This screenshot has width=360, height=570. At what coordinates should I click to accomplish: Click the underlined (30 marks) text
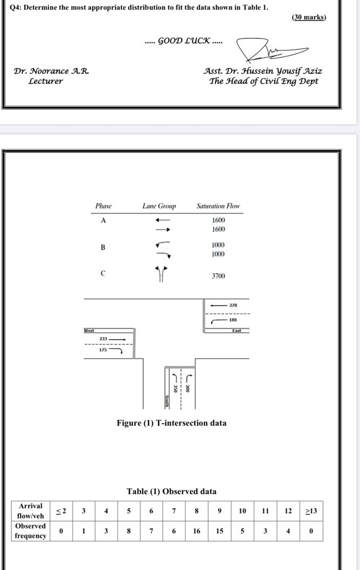click(309, 17)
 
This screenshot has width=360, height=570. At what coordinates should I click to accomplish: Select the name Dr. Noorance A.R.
click(52, 71)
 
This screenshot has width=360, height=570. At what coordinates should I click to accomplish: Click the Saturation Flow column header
click(218, 206)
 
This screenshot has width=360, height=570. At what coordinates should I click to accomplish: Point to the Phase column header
click(103, 206)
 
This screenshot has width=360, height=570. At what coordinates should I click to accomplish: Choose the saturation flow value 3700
click(218, 276)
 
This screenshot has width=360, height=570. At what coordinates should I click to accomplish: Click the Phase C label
click(102, 273)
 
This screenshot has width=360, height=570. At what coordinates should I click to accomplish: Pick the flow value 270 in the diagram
click(233, 306)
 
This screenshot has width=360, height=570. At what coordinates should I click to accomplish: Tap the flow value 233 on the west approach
click(103, 339)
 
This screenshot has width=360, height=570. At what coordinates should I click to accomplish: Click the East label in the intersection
click(236, 331)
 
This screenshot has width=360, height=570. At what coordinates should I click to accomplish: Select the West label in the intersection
click(89, 330)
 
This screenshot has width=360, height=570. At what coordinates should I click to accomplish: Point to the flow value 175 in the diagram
click(102, 350)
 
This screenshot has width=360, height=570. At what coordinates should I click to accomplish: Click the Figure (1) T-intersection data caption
click(171, 423)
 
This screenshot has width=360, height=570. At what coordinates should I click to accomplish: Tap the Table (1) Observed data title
click(171, 491)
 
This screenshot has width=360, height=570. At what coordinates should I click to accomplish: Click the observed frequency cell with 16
click(197, 531)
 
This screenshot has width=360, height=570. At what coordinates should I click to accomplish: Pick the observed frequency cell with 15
click(220, 531)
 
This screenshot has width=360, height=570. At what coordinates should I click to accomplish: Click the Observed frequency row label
click(30, 531)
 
